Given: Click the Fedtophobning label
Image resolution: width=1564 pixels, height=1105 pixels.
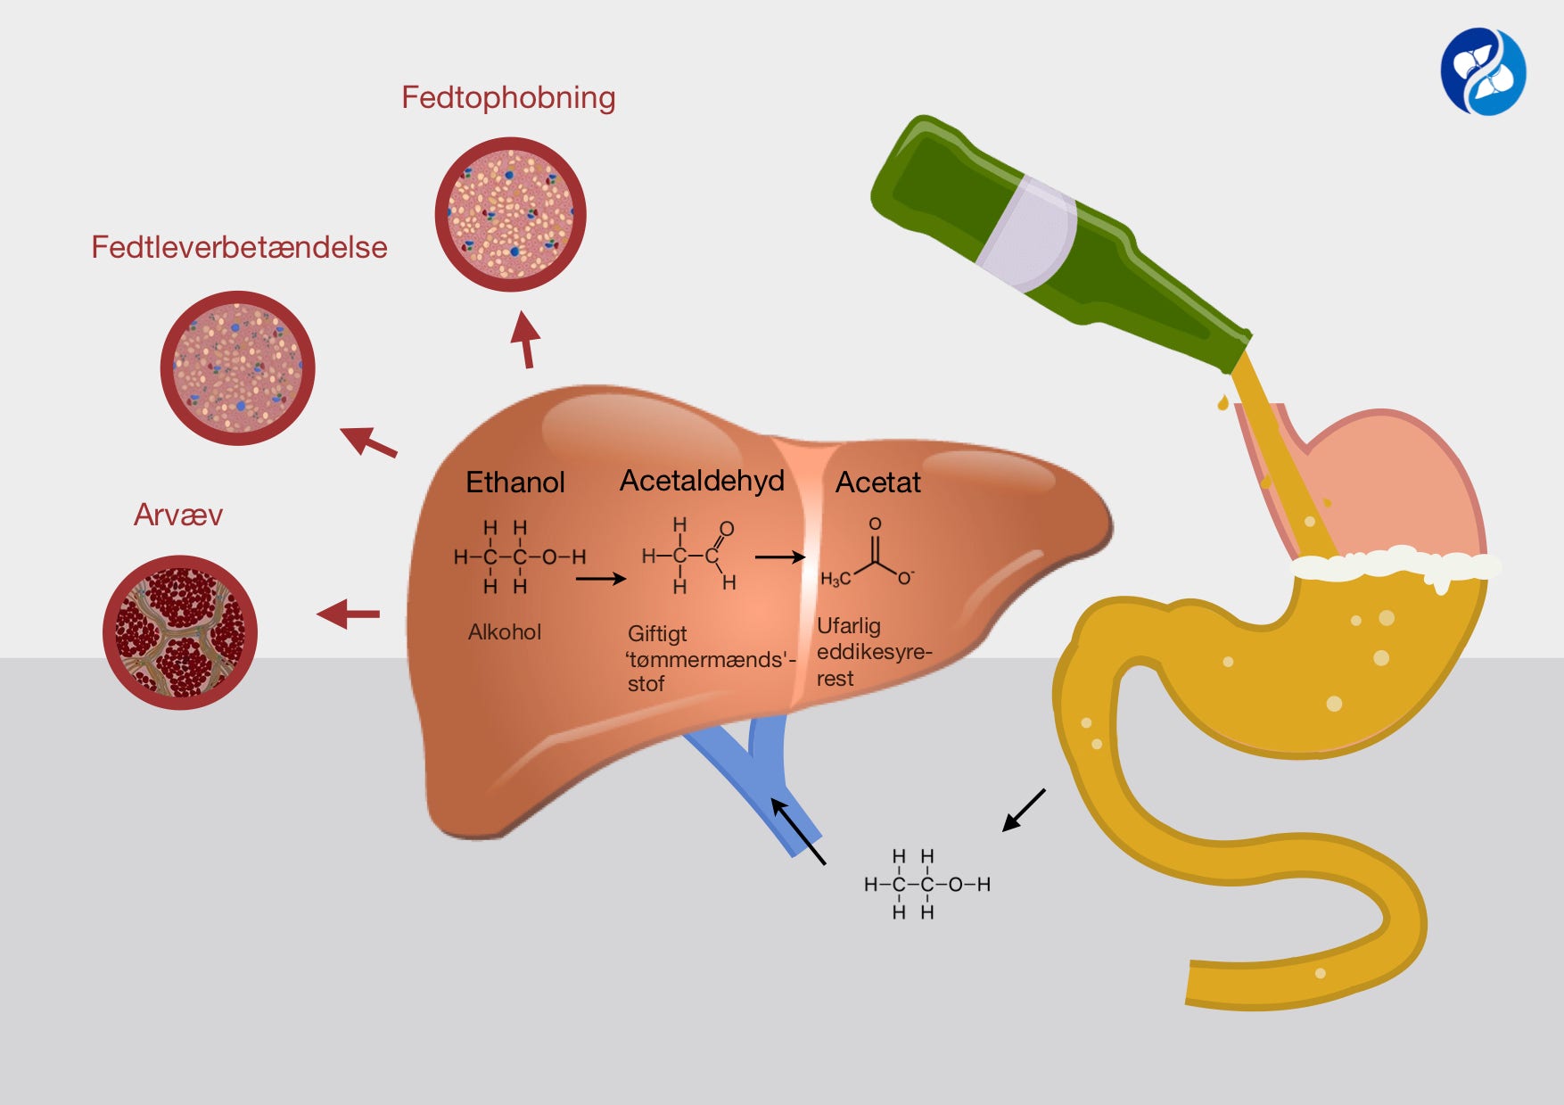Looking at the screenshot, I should tap(508, 97).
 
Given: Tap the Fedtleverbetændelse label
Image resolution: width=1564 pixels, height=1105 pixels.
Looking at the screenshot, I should tap(239, 247).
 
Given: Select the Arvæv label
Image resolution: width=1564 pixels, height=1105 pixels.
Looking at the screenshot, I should tap(178, 515).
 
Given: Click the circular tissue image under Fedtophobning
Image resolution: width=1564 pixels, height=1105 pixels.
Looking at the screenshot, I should tap(510, 214).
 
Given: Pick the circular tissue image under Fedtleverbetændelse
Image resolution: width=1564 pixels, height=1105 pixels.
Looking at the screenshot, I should tap(237, 367).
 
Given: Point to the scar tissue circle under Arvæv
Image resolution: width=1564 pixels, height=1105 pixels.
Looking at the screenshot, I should tap(180, 632).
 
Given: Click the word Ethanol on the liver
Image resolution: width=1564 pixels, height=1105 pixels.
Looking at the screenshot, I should tap(515, 482).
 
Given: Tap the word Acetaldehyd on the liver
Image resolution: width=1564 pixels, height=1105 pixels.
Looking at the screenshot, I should tap(702, 481).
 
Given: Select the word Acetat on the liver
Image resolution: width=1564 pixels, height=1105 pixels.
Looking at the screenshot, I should tap(877, 482).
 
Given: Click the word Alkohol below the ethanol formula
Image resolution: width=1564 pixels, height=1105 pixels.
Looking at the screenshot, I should tap(505, 632).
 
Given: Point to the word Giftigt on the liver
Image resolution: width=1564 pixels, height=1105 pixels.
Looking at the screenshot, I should tap(657, 633).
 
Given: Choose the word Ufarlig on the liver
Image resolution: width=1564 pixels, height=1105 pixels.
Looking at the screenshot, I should tap(849, 625).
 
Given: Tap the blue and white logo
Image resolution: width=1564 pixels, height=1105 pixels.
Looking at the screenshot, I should tap(1483, 72).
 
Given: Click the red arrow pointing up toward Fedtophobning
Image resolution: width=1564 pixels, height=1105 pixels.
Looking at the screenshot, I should tap(526, 339).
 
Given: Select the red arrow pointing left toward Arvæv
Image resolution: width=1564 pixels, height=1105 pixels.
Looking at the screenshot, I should tap(349, 614).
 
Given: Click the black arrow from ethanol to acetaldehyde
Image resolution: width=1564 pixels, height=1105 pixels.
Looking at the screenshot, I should tap(601, 579).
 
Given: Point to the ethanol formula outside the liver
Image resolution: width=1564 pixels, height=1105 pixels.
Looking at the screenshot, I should tap(926, 884).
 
